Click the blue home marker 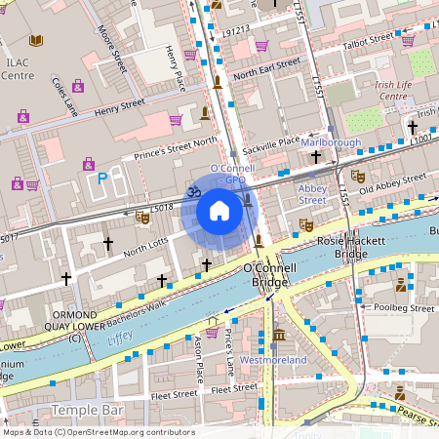pyautogui.click(x=219, y=212)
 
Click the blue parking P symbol pyautogui.click(x=102, y=179)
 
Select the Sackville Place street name pyautogui.click(x=273, y=141)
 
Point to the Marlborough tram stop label pyautogui.click(x=330, y=142)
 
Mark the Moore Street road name pyautogui.click(x=113, y=57)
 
